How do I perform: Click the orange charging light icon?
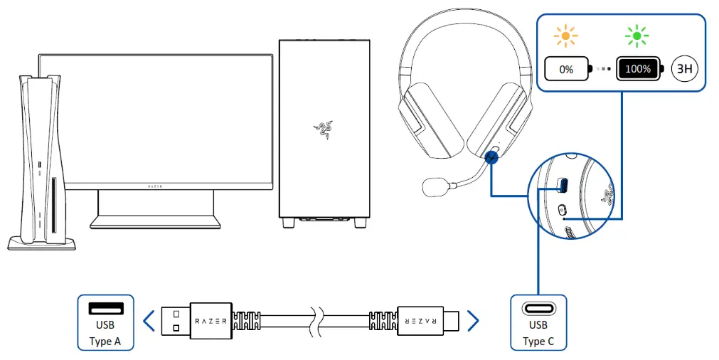coord(567,36)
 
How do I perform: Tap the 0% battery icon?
coord(568,70)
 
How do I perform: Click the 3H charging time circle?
coord(686,70)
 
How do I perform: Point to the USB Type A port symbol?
coord(105,309)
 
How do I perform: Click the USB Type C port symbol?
coord(538,309)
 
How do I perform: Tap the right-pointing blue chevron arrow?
coord(472,321)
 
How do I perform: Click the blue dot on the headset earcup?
coord(491,158)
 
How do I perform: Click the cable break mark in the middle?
coord(314,321)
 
